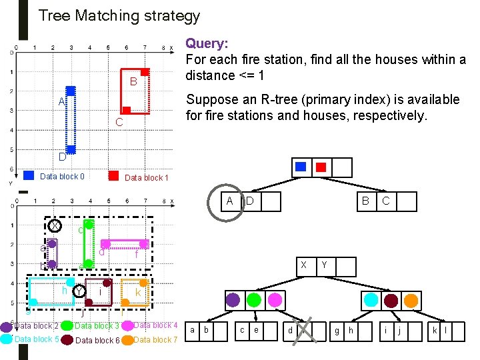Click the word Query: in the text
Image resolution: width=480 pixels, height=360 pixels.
point(207,44)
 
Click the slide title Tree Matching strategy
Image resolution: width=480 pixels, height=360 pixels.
point(119,15)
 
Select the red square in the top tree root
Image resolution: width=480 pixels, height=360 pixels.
point(321,167)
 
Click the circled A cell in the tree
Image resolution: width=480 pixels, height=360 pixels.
point(229,201)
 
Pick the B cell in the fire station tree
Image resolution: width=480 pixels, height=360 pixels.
point(365,201)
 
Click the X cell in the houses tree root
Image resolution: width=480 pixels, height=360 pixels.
point(304,264)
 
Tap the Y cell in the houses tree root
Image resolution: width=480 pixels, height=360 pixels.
point(323,264)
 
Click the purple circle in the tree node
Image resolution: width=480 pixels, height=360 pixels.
point(233,299)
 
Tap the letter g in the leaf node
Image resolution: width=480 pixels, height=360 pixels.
point(337,329)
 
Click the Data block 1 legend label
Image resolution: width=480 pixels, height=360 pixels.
point(147,178)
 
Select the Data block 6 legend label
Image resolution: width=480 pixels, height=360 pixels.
point(97,341)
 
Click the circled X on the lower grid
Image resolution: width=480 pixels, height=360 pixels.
point(54,225)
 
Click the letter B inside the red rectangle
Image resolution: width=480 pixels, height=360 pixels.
point(133,82)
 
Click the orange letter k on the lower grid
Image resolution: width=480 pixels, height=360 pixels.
point(137,293)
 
